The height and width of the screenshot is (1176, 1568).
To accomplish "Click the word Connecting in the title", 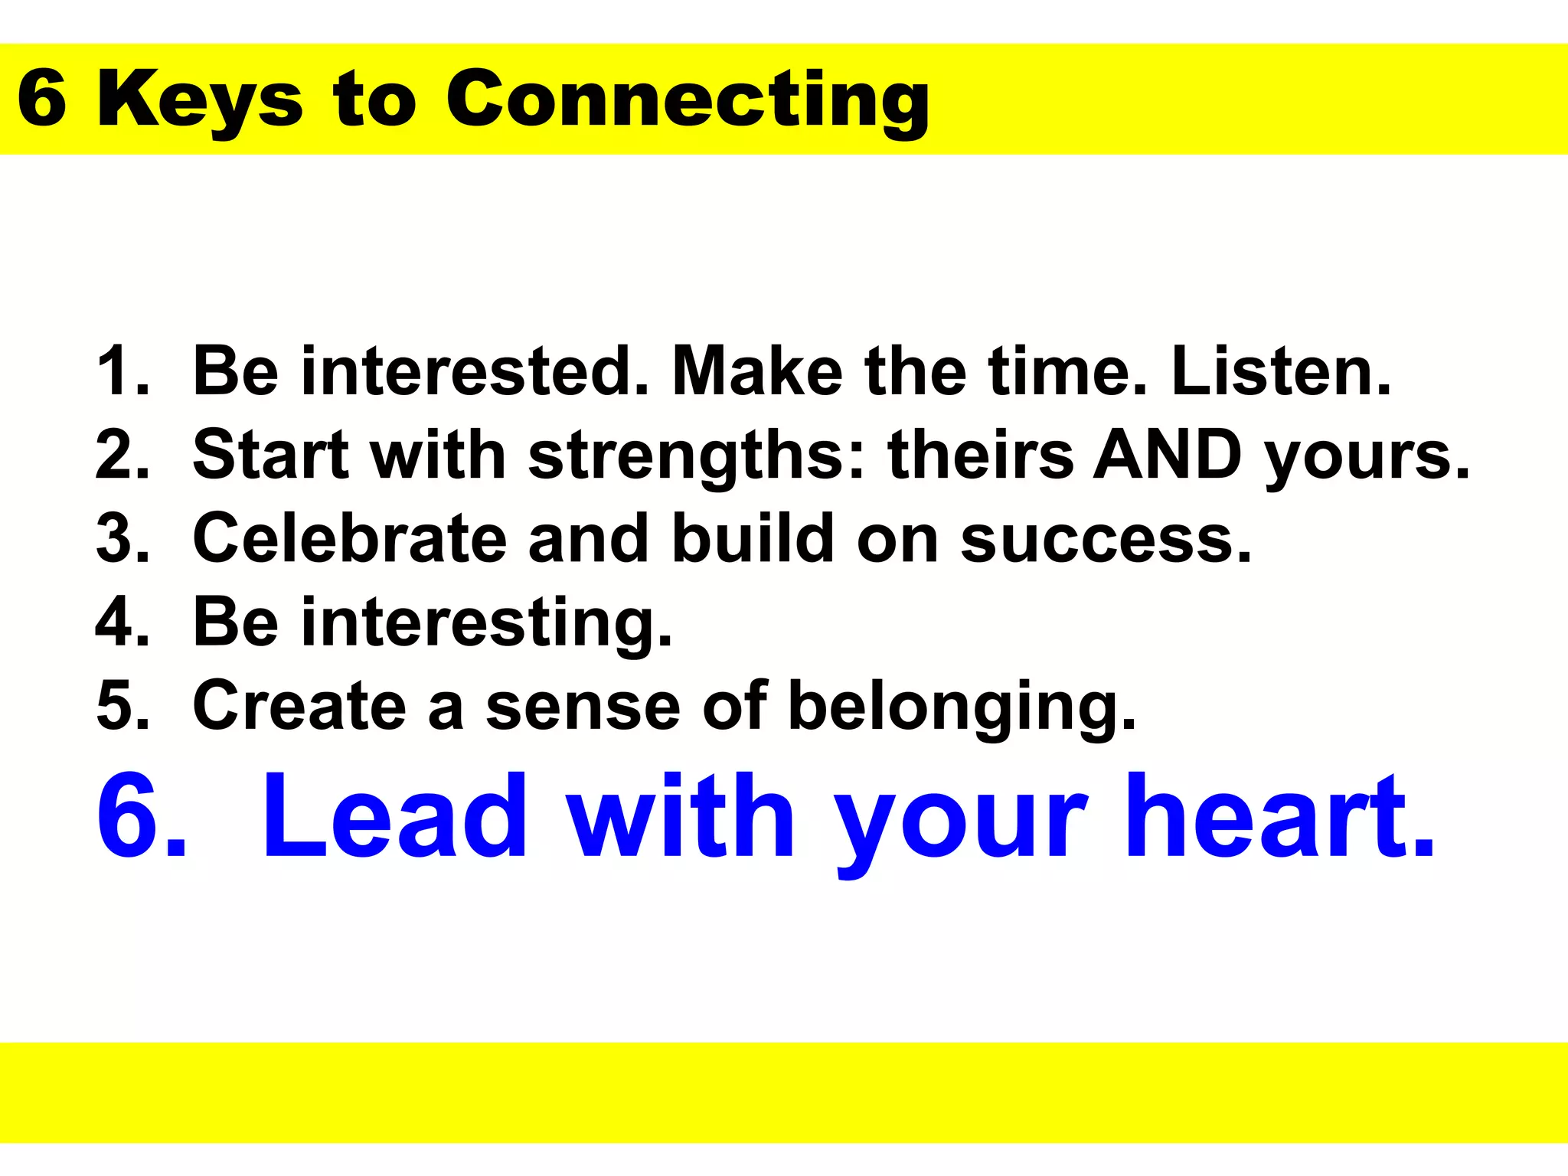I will tap(687, 100).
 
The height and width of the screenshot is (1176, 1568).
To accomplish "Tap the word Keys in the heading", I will tap(200, 100).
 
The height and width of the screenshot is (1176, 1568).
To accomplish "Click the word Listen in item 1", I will tap(1280, 372).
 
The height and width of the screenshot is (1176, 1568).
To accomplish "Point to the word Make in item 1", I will tap(756, 372).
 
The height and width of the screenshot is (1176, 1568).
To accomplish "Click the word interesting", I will tap(486, 623).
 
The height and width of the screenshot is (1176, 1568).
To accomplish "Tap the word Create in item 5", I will tap(299, 705).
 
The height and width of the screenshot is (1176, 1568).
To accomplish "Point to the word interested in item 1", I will tap(475, 372).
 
